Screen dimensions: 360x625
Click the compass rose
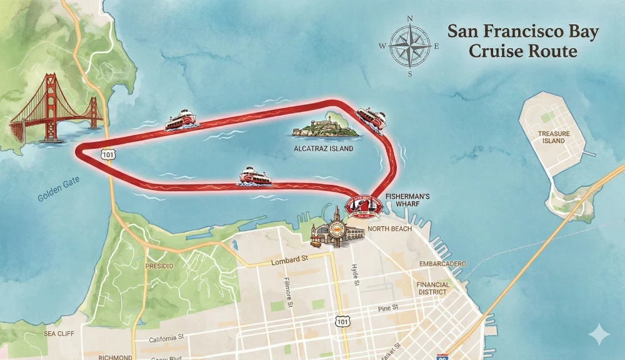click(410, 46)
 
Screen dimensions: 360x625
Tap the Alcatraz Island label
click(323, 149)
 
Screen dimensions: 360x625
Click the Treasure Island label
click(554, 137)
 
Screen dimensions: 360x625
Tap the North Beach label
click(389, 229)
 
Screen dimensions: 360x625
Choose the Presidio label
click(159, 266)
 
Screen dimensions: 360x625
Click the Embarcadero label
click(442, 264)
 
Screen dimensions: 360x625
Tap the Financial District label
click(432, 287)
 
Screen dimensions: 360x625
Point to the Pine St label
click(388, 309)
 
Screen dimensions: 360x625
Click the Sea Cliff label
click(59, 334)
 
